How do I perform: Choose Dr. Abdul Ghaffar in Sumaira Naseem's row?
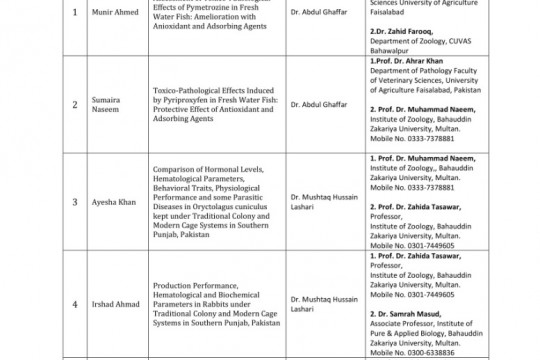[x=320, y=103]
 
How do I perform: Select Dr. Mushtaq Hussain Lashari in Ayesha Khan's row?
[x=324, y=200]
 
